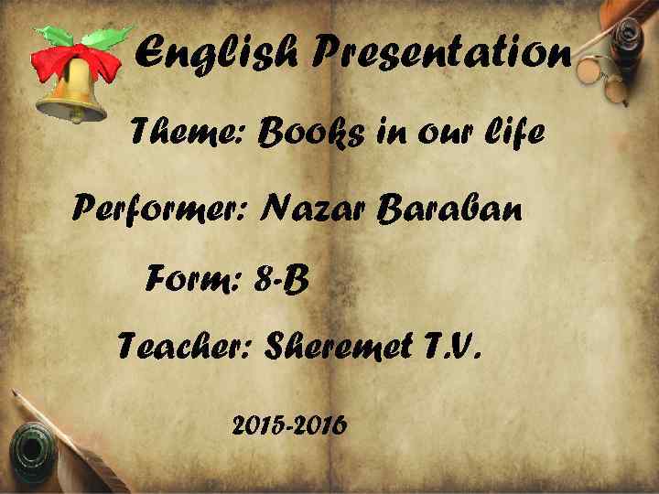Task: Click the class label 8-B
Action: coord(283,279)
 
